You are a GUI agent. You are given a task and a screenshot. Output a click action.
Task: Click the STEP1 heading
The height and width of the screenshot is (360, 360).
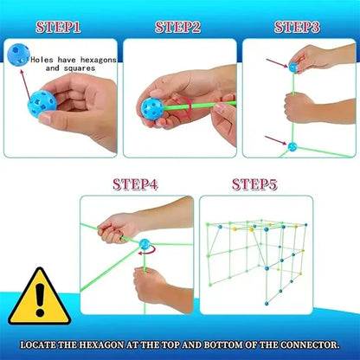click(x=58, y=28)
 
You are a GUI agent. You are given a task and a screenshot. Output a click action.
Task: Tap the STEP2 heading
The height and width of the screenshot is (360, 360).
click(x=177, y=28)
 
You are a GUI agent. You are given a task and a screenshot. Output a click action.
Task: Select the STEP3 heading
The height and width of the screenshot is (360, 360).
click(x=297, y=28)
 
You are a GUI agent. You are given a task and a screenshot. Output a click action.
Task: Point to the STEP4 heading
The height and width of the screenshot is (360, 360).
click(x=135, y=184)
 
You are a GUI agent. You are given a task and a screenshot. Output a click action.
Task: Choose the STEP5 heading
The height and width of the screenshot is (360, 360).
click(x=254, y=184)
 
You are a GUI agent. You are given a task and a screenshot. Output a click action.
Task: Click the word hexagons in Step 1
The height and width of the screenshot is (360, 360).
click(x=99, y=60)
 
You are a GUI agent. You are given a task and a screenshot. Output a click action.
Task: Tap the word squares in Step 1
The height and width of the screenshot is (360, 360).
click(x=80, y=68)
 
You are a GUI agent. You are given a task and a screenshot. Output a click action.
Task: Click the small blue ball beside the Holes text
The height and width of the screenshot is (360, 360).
click(x=18, y=55)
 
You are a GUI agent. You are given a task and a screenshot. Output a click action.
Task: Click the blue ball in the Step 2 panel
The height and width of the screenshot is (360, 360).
click(x=152, y=109)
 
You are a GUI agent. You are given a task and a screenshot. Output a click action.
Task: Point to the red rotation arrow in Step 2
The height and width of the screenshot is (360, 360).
click(x=183, y=107)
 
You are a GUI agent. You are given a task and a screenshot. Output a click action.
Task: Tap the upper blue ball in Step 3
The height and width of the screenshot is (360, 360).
click(x=292, y=67)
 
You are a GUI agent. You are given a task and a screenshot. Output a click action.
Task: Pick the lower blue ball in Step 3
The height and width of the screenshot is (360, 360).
click(x=292, y=147)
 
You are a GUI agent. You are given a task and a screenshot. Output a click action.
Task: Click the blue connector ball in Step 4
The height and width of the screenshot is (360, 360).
click(x=145, y=244)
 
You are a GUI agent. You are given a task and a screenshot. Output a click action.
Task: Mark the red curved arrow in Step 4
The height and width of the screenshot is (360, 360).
click(x=147, y=250)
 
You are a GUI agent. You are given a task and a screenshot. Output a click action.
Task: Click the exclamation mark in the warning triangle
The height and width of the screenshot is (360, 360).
click(x=40, y=299)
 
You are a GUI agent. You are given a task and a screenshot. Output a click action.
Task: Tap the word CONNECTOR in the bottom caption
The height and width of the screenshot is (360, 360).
click(x=310, y=345)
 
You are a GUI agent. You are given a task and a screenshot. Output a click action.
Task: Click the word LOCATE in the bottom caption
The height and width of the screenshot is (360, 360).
click(x=38, y=345)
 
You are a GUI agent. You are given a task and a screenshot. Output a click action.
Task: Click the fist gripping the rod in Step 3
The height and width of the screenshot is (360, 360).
click(x=299, y=107)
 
